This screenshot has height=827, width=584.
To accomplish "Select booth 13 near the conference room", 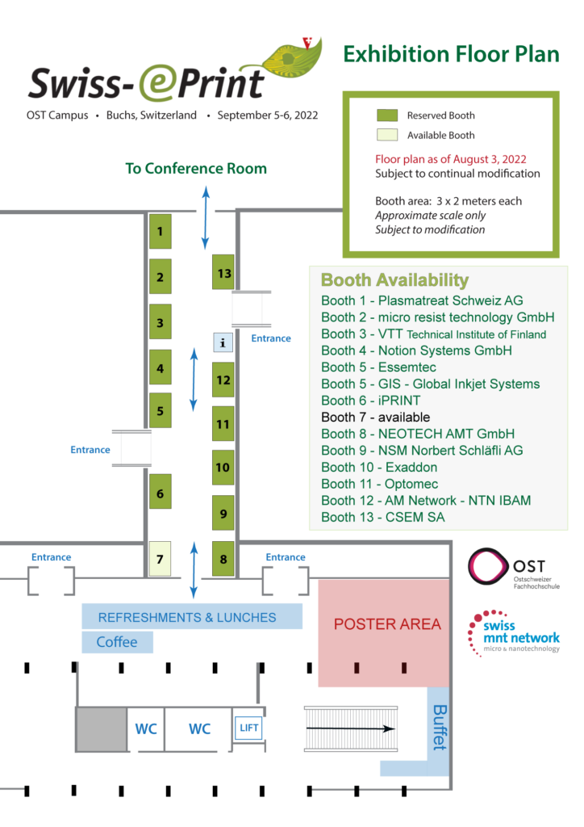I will pyautogui.click(x=223, y=272).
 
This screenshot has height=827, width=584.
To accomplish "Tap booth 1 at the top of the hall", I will pyautogui.click(x=161, y=232).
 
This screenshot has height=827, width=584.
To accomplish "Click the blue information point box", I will pyautogui.click(x=223, y=342).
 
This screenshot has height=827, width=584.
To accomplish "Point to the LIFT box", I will pyautogui.click(x=248, y=728).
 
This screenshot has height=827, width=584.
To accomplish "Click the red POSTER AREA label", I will pyautogui.click(x=387, y=624).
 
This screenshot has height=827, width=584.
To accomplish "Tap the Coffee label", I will pyautogui.click(x=117, y=643).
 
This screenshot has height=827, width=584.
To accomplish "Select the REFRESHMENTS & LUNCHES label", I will pyautogui.click(x=187, y=618).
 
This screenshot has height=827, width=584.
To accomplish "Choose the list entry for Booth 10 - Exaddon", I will pyautogui.click(x=379, y=468).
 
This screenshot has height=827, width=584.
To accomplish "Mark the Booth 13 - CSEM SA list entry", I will pyautogui.click(x=382, y=518).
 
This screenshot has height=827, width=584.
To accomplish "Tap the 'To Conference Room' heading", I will pyautogui.click(x=196, y=169).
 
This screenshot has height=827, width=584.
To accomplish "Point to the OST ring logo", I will pyautogui.click(x=489, y=564).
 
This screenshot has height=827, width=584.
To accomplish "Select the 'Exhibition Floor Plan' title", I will pyautogui.click(x=451, y=54).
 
